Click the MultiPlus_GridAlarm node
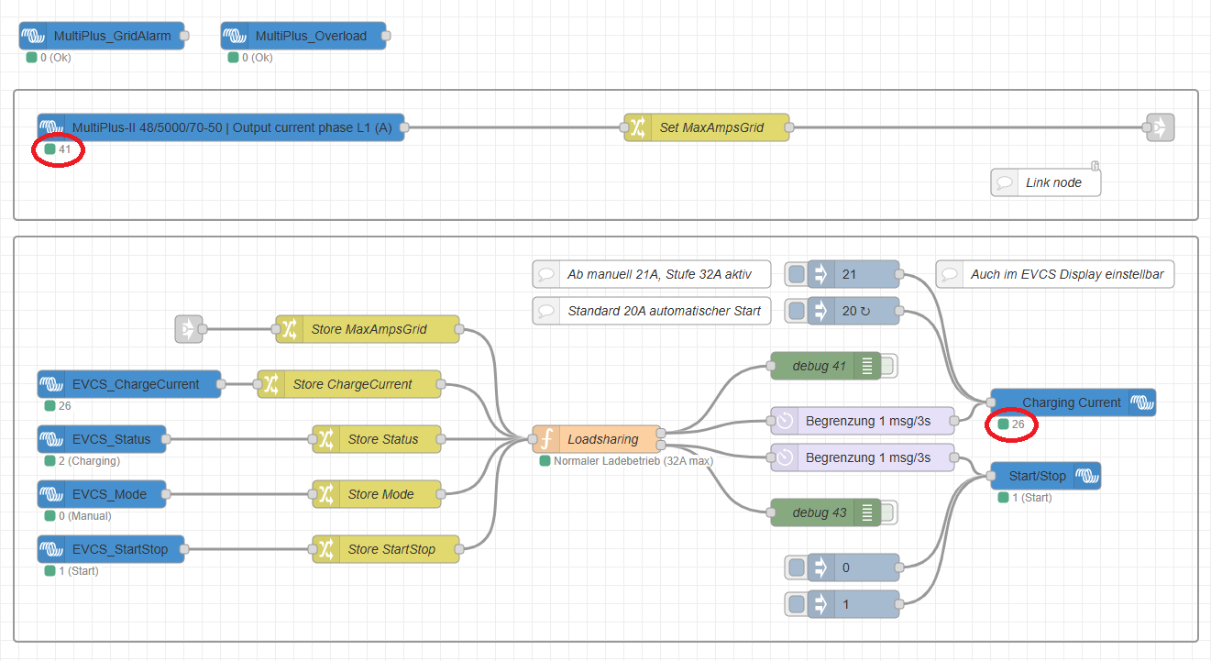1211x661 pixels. [x=102, y=36]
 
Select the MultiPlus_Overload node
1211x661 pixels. [x=303, y=36]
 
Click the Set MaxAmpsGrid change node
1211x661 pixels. [x=707, y=127]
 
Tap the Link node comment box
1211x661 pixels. [x=1046, y=182]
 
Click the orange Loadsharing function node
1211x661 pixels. [x=596, y=439]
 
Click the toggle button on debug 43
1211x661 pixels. [x=888, y=512]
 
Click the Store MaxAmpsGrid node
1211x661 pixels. [x=368, y=329]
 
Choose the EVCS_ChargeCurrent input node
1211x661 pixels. [x=129, y=384]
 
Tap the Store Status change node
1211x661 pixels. [x=377, y=439]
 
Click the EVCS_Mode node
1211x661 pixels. [x=102, y=494]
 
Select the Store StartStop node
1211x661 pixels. [x=386, y=549]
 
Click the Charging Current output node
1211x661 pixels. [x=1073, y=402]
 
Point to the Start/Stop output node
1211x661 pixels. [x=1046, y=476]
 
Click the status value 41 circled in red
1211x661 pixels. [x=64, y=149]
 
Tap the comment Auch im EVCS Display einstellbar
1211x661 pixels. [x=1055, y=274]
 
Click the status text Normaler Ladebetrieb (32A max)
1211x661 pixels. [x=633, y=461]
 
